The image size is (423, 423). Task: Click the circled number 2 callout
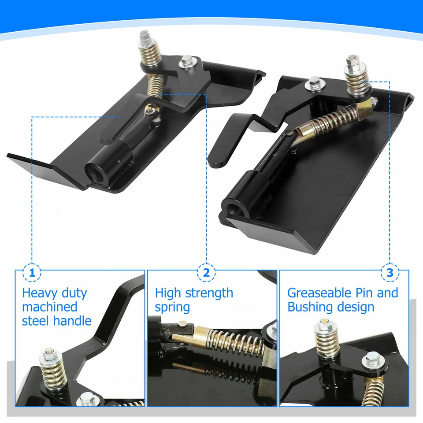click(x=207, y=273)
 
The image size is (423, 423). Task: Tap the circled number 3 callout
click(x=390, y=273)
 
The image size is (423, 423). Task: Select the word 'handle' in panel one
click(x=72, y=320)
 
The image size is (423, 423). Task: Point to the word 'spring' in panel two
click(x=172, y=307)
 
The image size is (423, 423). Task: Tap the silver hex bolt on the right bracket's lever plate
click(x=315, y=82)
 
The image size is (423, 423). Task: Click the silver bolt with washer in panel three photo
click(x=371, y=362)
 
